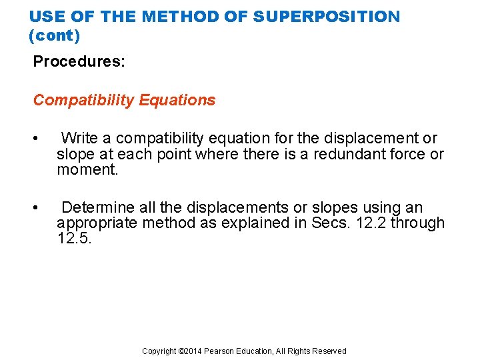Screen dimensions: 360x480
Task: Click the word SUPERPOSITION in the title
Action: click(x=335, y=16)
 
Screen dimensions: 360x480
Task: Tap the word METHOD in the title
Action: click(x=189, y=16)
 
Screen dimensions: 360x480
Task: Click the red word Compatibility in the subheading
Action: click(x=84, y=100)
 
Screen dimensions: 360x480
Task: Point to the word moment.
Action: click(x=87, y=170)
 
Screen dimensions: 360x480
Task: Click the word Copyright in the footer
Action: click(x=160, y=351)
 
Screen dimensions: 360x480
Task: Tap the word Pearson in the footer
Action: click(x=219, y=351)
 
